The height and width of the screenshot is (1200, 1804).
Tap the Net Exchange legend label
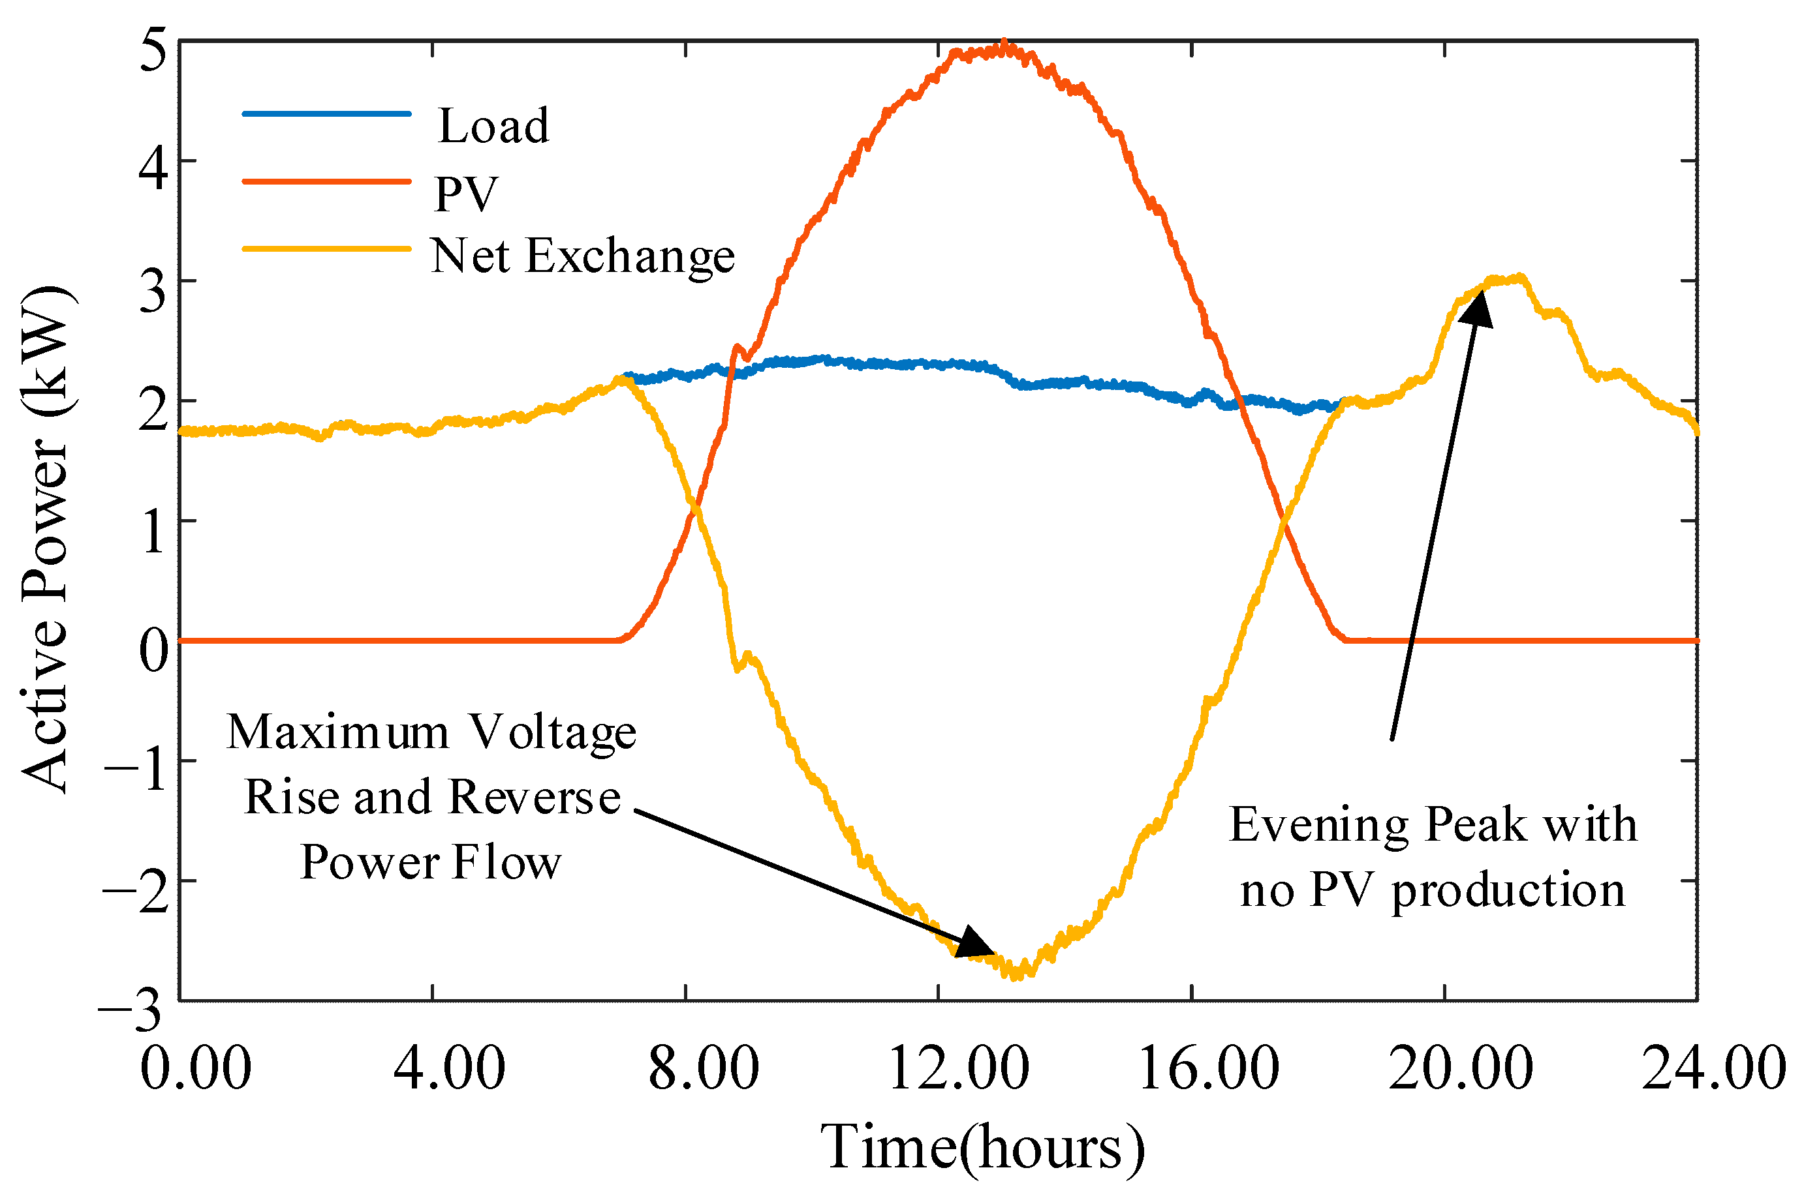tap(582, 256)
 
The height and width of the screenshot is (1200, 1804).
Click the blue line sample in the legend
tap(326, 114)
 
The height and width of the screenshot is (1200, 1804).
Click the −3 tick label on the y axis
tap(130, 1010)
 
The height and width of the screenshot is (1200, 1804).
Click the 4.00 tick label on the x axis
tap(448, 1068)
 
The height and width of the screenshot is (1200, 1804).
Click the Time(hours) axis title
tap(983, 1148)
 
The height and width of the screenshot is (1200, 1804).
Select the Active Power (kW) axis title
tap(46, 539)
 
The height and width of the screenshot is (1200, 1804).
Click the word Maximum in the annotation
tap(337, 732)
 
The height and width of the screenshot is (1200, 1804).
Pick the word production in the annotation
tap(1508, 891)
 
